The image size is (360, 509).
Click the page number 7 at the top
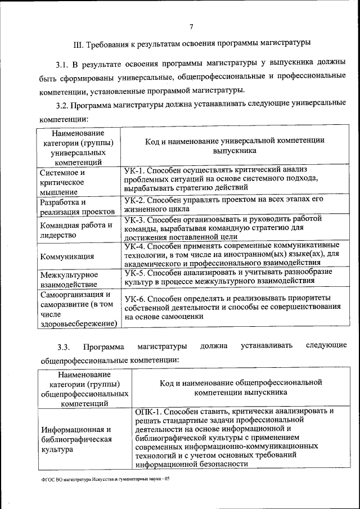pyautogui.click(x=191, y=27)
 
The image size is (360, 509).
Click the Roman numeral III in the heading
pyautogui.click(x=78, y=43)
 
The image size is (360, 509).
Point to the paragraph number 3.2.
pyautogui.click(x=62, y=105)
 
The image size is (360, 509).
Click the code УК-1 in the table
pyautogui.click(x=135, y=169)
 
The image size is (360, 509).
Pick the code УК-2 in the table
pyautogui.click(x=135, y=200)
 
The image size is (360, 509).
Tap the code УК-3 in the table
pyautogui.click(x=135, y=219)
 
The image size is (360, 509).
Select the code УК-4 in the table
pyautogui.click(x=135, y=246)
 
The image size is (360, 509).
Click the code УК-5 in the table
pyautogui.click(x=135, y=272)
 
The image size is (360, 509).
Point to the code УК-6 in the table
pyautogui.click(x=135, y=298)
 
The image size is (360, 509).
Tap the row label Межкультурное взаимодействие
pyautogui.click(x=69, y=280)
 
